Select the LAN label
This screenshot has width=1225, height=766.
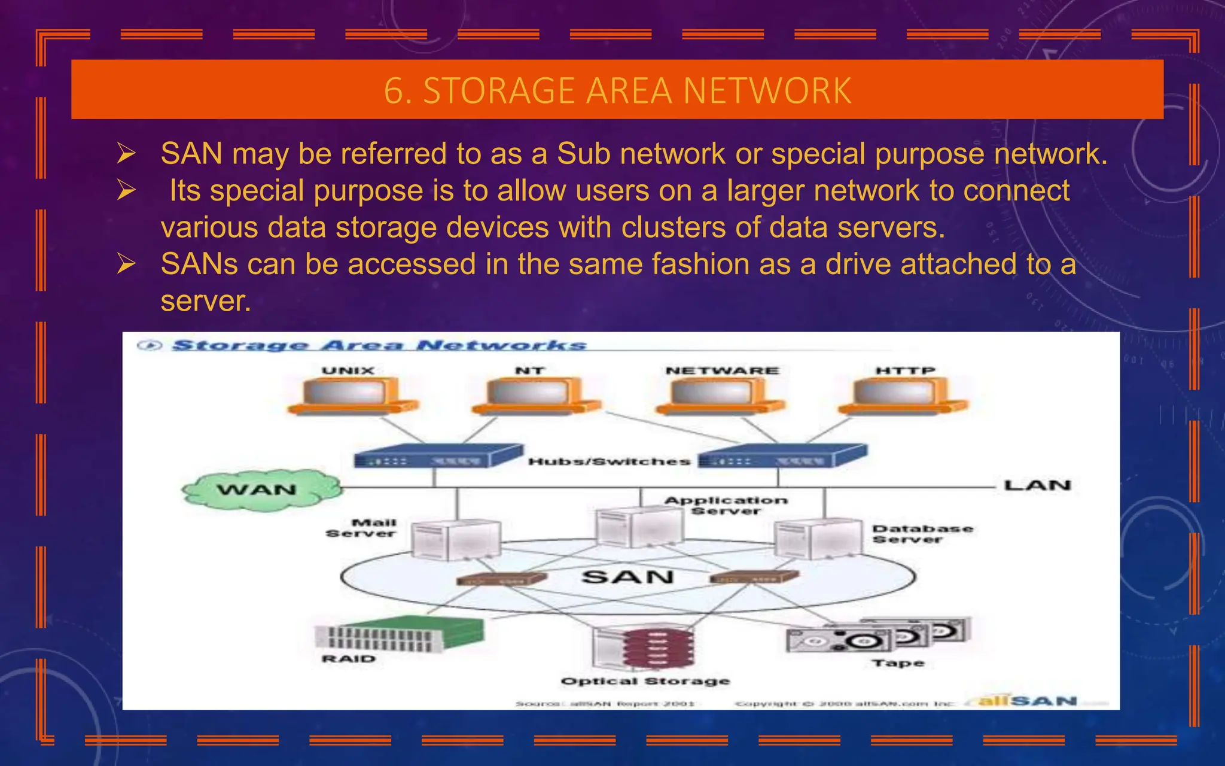(1037, 485)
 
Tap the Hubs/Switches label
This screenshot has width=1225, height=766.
(609, 461)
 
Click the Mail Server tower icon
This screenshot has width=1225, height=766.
(456, 539)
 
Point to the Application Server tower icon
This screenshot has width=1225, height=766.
(639, 527)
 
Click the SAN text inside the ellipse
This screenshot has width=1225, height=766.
(627, 577)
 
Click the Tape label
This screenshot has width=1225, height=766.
(898, 663)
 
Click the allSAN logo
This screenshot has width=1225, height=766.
(1028, 701)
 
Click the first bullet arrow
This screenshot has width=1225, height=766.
(126, 154)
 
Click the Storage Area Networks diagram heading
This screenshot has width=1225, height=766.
(379, 345)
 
